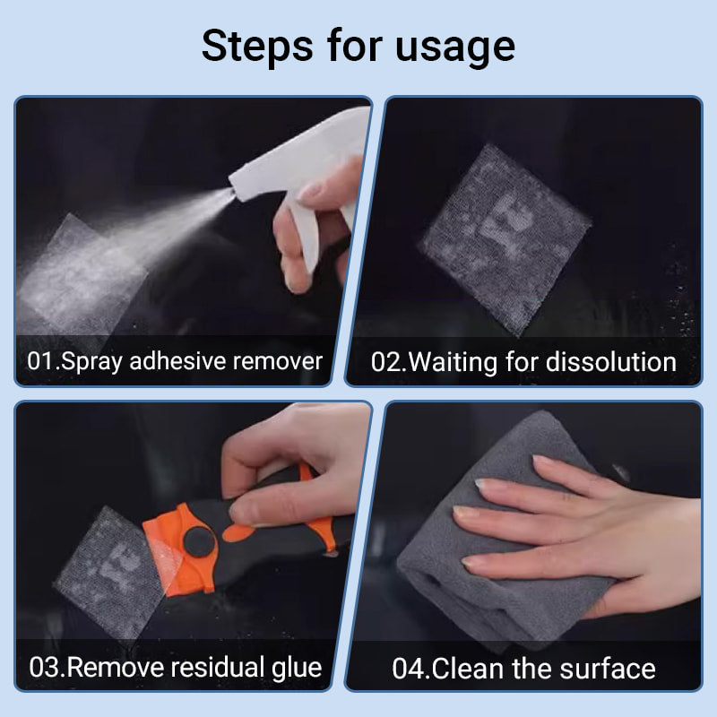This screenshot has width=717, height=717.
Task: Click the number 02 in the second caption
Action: pos(387,361)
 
